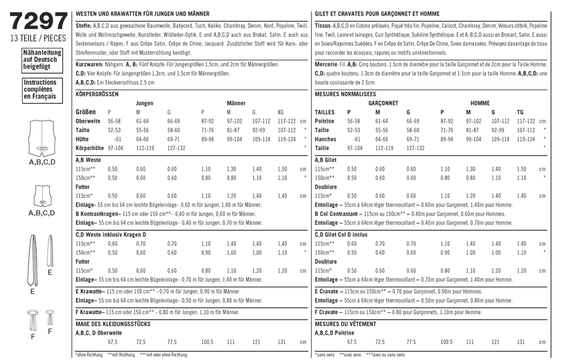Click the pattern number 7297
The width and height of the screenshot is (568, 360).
coord(37,22)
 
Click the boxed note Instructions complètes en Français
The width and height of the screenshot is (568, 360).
coord(39,89)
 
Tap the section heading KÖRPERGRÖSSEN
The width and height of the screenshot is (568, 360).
coord(96,94)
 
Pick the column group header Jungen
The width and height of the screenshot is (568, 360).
coord(145,103)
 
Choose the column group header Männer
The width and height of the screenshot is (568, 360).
coord(236,103)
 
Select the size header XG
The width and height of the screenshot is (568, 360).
coord(281,112)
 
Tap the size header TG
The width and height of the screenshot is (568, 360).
coord(520,112)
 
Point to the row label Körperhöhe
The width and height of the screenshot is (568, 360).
coord(89,149)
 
